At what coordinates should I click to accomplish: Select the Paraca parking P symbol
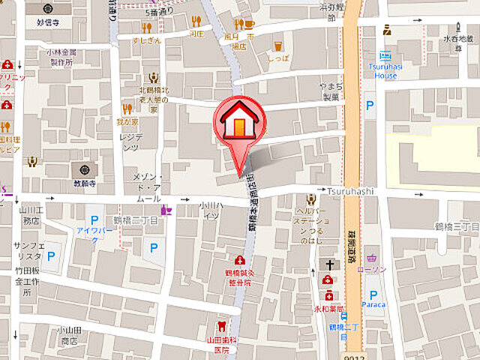tap(373, 295)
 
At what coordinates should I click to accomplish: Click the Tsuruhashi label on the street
tap(349, 192)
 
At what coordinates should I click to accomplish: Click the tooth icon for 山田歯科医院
tap(220, 326)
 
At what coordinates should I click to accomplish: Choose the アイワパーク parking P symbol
tap(95, 219)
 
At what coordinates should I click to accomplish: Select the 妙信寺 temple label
tap(49, 22)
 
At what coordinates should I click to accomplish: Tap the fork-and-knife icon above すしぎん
tap(146, 28)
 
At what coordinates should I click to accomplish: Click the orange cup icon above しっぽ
tap(278, 46)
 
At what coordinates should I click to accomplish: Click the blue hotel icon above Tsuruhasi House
tap(385, 55)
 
